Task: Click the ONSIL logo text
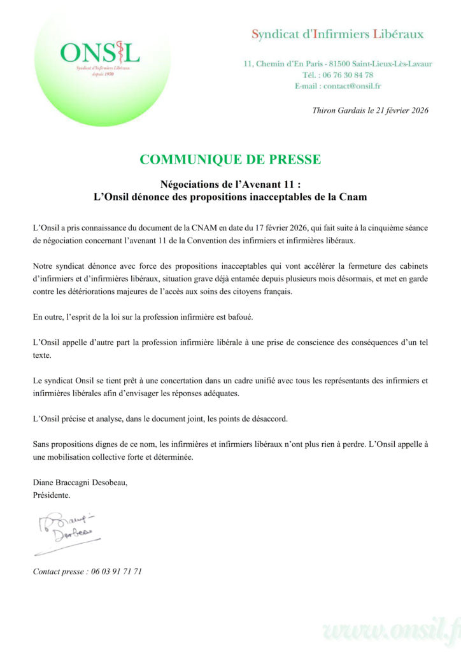(99, 52)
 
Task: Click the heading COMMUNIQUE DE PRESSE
(230, 159)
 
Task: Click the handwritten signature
(64, 528)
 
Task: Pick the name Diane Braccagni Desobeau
(80, 483)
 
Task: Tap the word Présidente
(52, 494)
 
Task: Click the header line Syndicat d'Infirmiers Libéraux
(337, 34)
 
